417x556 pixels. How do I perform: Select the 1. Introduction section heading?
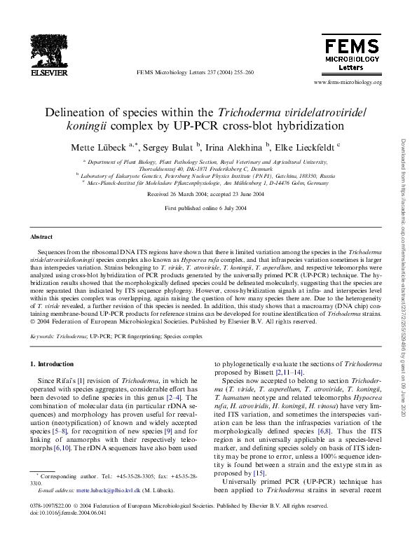pyautogui.click(x=53, y=364)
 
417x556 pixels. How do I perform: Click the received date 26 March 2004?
pyautogui.click(x=174, y=194)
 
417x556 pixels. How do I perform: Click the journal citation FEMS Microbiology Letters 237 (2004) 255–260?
pyautogui.click(x=195, y=73)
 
